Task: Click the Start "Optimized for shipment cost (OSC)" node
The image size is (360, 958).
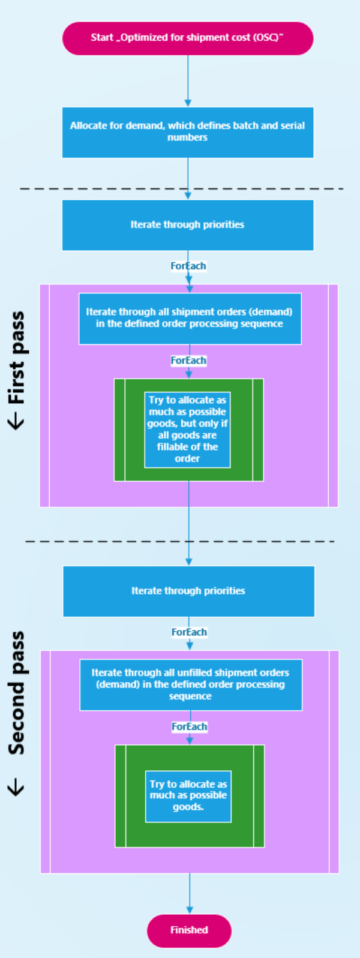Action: (188, 38)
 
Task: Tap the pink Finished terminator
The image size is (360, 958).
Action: (189, 930)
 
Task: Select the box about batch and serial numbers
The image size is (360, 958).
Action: (188, 132)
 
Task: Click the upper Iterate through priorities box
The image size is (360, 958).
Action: (188, 225)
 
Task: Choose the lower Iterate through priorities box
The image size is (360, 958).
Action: (188, 591)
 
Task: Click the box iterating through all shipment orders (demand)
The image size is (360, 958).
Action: (190, 319)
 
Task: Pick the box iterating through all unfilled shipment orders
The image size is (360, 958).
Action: (191, 684)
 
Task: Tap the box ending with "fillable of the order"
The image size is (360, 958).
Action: (187, 429)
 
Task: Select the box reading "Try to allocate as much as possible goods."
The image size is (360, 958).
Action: (188, 796)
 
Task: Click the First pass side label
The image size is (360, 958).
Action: (17, 358)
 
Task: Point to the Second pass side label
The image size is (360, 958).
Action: (17, 693)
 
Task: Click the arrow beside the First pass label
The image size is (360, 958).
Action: (17, 422)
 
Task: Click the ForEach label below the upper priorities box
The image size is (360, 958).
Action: (188, 266)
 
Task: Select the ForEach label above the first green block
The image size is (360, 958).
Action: (188, 361)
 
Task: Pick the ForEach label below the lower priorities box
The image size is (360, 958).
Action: (189, 632)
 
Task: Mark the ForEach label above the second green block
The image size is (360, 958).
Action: (190, 726)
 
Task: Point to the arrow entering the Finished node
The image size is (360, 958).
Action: (190, 894)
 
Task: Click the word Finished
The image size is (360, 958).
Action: (189, 930)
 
